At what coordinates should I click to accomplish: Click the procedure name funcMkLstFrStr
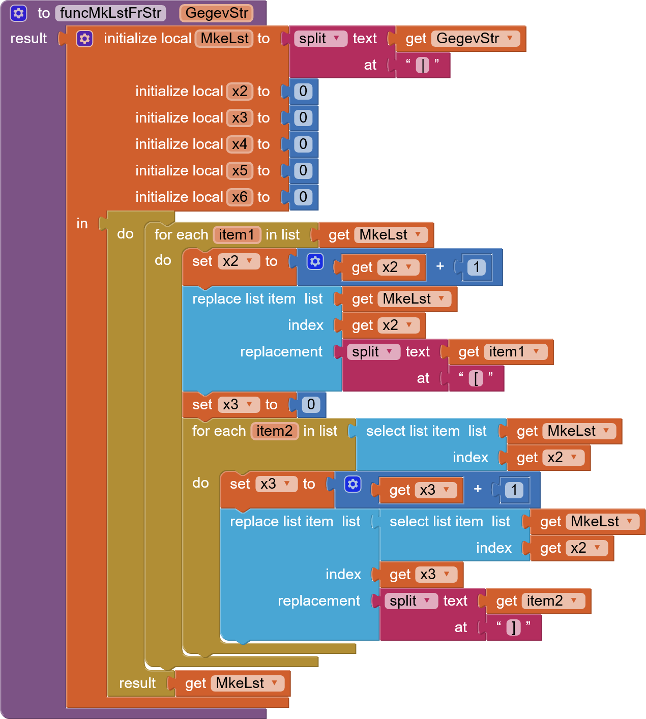pos(110,13)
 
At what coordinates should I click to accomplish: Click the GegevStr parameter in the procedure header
pos(216,13)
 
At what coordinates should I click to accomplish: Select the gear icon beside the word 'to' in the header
pos(18,13)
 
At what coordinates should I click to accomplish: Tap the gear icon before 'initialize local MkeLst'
pos(84,39)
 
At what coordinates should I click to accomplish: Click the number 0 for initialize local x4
pos(303,144)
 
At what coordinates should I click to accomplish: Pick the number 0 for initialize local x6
pos(303,197)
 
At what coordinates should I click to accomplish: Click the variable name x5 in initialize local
pos(240,171)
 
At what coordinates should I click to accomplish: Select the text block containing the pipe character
pos(422,65)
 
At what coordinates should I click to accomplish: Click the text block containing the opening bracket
pos(476,378)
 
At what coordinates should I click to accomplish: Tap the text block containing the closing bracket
pos(513,627)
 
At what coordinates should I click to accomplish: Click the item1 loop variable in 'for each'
pos(237,235)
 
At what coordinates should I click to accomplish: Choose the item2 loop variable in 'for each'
pos(274,431)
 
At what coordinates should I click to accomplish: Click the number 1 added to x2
pos(476,267)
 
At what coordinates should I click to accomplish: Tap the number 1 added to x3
pos(514,490)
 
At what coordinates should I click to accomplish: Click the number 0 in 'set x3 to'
pos(311,405)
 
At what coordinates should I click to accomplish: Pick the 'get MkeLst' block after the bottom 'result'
pos(232,683)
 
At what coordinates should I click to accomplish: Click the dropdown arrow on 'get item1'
pos(536,351)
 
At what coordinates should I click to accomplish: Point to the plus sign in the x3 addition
pos(478,489)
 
